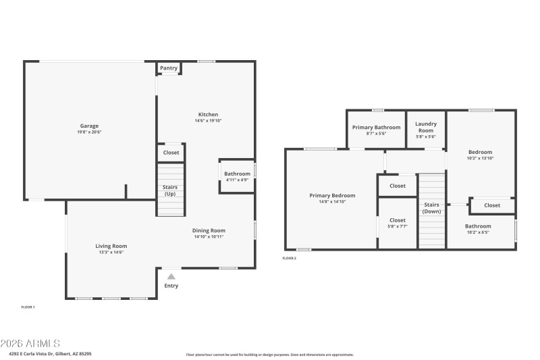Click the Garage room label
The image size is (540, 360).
[90, 126]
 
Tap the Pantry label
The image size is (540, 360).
[169, 68]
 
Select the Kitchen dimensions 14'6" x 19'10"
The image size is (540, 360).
[208, 121]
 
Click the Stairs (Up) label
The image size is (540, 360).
[170, 190]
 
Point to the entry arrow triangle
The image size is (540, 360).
[171, 276]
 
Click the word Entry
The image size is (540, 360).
[171, 286]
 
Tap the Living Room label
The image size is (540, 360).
[111, 246]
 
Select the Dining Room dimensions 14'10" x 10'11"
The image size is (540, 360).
[209, 236]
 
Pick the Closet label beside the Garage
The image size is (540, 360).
[171, 153]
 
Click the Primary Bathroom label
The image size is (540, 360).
[377, 127]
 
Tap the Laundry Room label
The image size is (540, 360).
[426, 126]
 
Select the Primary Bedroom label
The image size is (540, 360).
[332, 195]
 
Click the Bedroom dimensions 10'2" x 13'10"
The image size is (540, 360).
[481, 158]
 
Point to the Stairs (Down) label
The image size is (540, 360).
[431, 207]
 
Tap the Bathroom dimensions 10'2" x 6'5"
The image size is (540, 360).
[478, 232]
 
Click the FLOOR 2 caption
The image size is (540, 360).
[289, 258]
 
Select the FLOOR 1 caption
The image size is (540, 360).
[28, 307]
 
